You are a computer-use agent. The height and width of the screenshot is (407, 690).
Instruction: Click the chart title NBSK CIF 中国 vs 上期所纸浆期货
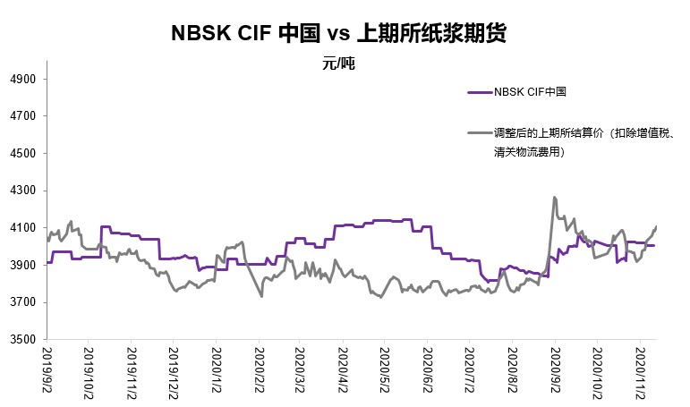tap(339, 34)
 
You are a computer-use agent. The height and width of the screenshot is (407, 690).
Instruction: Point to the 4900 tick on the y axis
tap(23, 80)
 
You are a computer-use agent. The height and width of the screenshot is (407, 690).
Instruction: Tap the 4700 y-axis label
tap(23, 116)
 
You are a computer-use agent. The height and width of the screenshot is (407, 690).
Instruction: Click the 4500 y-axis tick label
tap(23, 154)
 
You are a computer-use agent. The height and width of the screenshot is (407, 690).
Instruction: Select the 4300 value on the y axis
tap(23, 191)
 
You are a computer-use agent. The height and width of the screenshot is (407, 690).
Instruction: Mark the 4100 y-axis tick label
tap(23, 228)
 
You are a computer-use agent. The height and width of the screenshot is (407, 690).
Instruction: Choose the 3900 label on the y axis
tap(23, 266)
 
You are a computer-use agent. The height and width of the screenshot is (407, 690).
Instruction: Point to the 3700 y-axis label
tap(23, 302)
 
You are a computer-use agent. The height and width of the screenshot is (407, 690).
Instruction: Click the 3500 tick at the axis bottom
tap(23, 340)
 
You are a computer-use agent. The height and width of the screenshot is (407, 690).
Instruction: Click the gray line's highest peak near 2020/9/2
tap(555, 198)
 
